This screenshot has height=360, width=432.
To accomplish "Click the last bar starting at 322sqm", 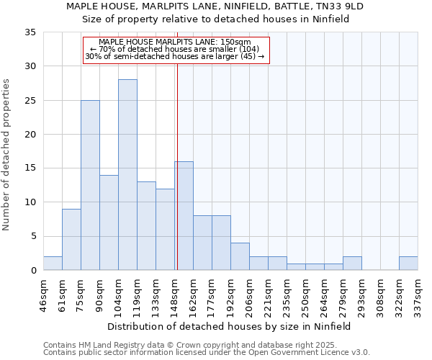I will tap(408, 264).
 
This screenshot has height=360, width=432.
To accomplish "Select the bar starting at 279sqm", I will tap(352, 264).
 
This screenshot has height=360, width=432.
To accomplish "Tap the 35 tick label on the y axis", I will tap(30, 32).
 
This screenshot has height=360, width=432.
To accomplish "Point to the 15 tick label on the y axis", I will tap(30, 168).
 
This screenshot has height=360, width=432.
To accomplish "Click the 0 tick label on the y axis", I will tap(33, 271).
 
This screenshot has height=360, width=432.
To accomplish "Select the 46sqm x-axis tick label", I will tap(43, 293).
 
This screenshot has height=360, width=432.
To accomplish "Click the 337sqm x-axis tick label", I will tap(418, 293).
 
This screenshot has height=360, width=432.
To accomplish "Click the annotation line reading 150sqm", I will tap(175, 42).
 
